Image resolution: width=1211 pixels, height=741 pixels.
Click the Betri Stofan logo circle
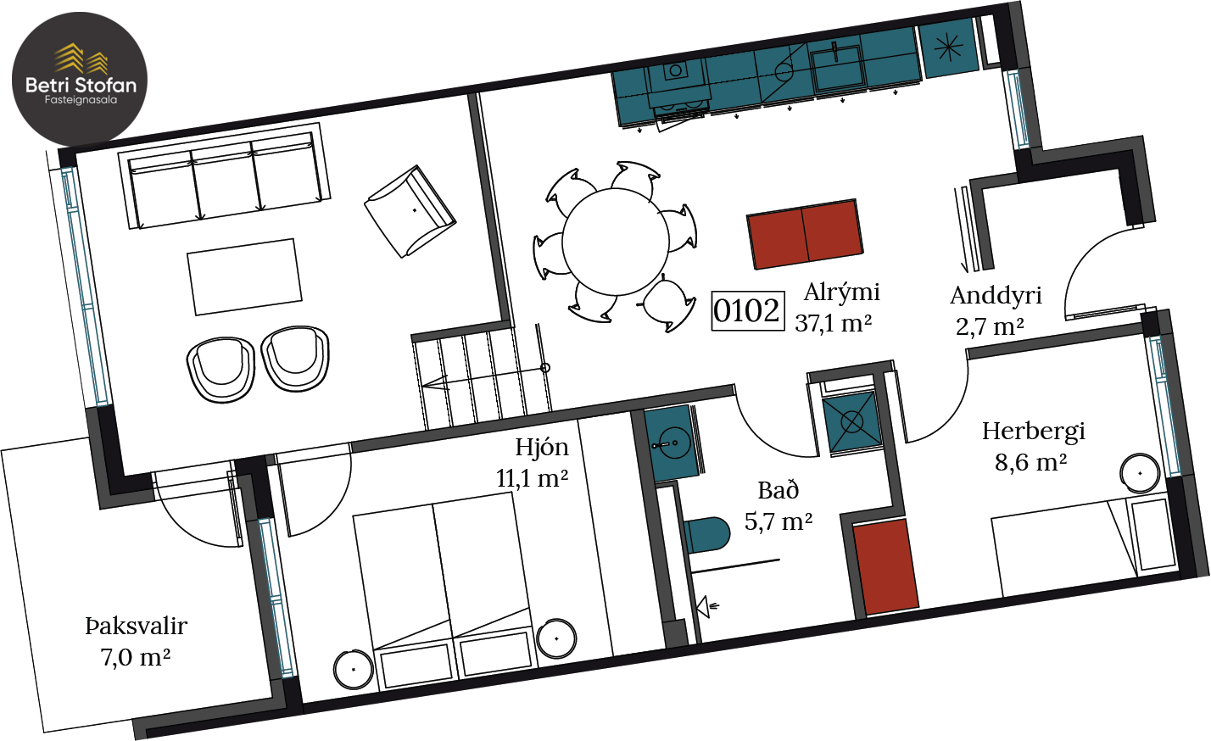coord(80,79)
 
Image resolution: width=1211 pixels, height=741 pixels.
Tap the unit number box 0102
coord(748,311)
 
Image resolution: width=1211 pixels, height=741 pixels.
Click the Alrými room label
coord(842,293)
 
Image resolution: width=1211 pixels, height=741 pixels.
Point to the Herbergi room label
coord(1034,432)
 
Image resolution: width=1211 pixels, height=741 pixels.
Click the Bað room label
coord(778,490)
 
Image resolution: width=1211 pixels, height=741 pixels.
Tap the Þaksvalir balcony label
coord(137,627)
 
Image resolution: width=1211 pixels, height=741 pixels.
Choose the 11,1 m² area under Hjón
coord(532,478)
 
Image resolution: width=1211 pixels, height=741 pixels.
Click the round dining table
coord(615,242)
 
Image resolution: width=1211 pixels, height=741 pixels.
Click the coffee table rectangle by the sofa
coord(244,276)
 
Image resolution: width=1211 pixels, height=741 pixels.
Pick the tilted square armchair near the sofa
coord(410,211)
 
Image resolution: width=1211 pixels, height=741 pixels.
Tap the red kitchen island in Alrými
coord(805,234)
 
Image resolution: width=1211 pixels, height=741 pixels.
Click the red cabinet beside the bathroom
coord(885,567)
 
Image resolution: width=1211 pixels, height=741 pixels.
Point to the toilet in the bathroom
coord(706,535)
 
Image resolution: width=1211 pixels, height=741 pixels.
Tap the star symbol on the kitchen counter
coord(948,47)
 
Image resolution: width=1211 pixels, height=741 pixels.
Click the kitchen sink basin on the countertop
coord(837,68)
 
